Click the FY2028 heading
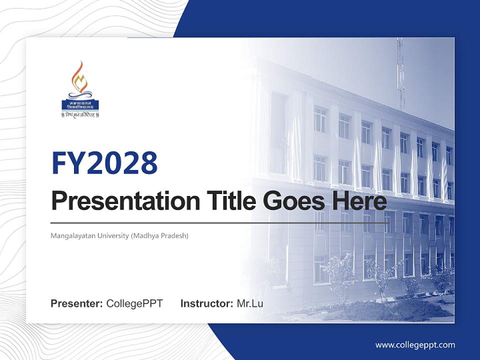(x=104, y=163)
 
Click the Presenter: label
(x=77, y=303)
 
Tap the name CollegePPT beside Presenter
(x=134, y=303)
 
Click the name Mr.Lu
(x=250, y=303)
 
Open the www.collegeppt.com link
(x=415, y=345)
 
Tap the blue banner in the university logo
(x=80, y=104)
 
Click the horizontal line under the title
(x=220, y=222)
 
